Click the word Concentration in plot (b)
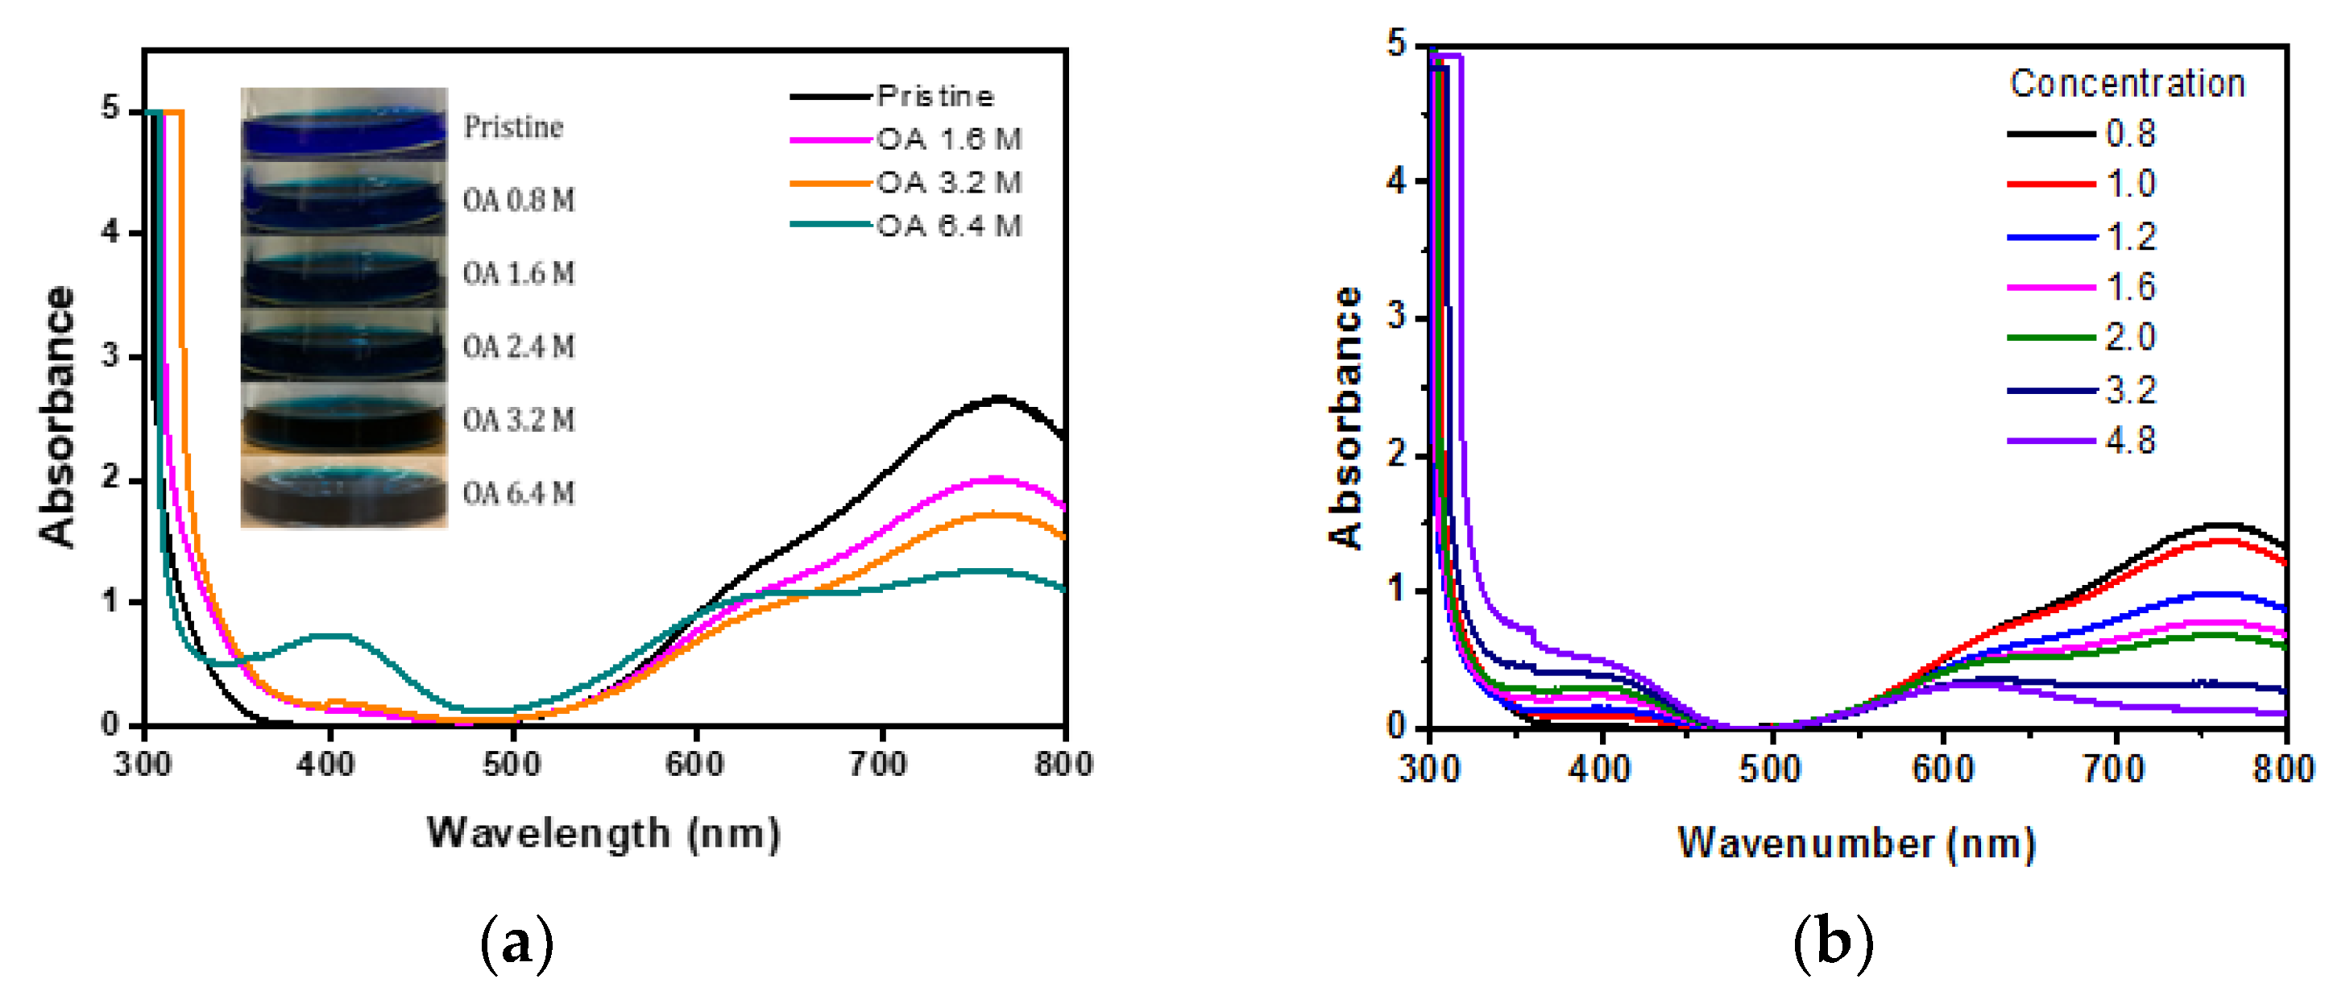(2127, 84)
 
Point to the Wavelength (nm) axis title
(604, 833)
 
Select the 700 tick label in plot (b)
(2114, 769)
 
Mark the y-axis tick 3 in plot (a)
(110, 356)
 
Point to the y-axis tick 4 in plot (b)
(1396, 181)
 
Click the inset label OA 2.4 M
(518, 346)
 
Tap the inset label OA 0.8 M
(518, 200)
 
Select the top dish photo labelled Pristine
(344, 125)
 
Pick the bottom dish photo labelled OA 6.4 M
(344, 492)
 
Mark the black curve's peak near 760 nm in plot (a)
(998, 398)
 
